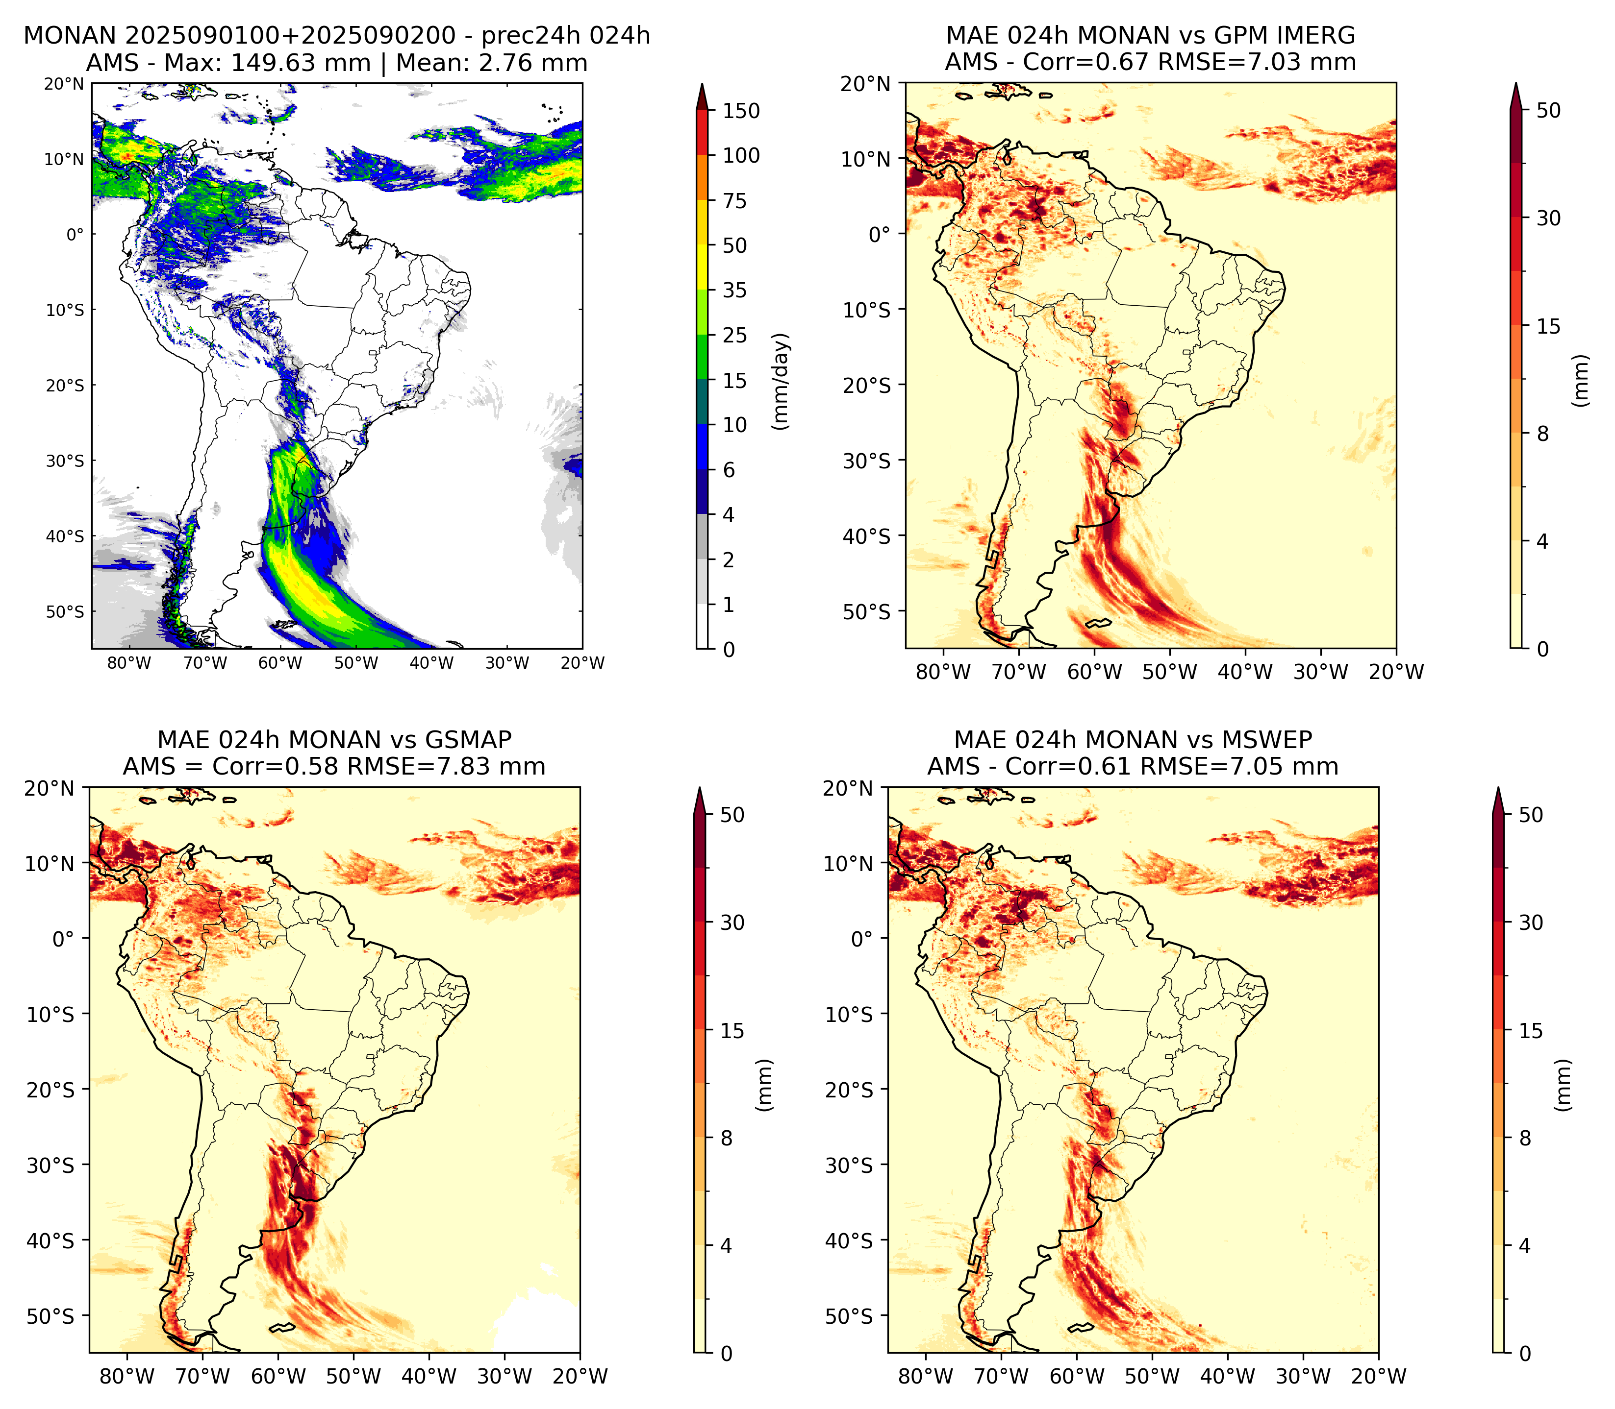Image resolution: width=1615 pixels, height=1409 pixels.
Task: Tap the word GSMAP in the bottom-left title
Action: tap(468, 740)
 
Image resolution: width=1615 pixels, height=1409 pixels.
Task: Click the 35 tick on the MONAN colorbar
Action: tap(735, 290)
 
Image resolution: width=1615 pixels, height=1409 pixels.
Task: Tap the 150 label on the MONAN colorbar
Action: tap(741, 111)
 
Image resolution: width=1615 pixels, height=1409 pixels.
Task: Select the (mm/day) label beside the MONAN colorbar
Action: tap(781, 381)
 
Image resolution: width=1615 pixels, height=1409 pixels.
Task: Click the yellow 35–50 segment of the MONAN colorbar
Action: tap(703, 267)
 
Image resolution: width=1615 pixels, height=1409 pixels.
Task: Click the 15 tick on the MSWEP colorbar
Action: tap(1530, 1030)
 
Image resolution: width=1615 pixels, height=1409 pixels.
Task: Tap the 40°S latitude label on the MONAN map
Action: tap(65, 536)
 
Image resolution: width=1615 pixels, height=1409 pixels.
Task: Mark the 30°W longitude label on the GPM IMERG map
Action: tap(1321, 672)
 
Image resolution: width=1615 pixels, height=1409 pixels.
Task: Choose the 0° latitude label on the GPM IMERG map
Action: tap(880, 234)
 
